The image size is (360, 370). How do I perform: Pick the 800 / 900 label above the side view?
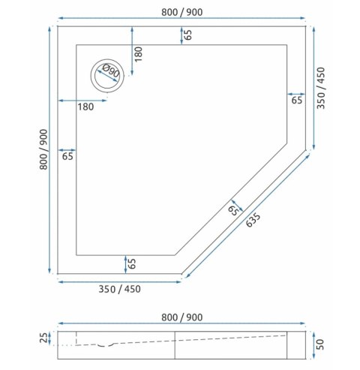pos(181,317)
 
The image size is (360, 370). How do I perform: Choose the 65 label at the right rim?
pos(296,100)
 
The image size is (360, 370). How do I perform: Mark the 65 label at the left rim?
pos(67,156)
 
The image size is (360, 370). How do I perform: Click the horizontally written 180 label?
pos(85,107)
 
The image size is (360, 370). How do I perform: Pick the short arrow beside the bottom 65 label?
pos(124,263)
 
